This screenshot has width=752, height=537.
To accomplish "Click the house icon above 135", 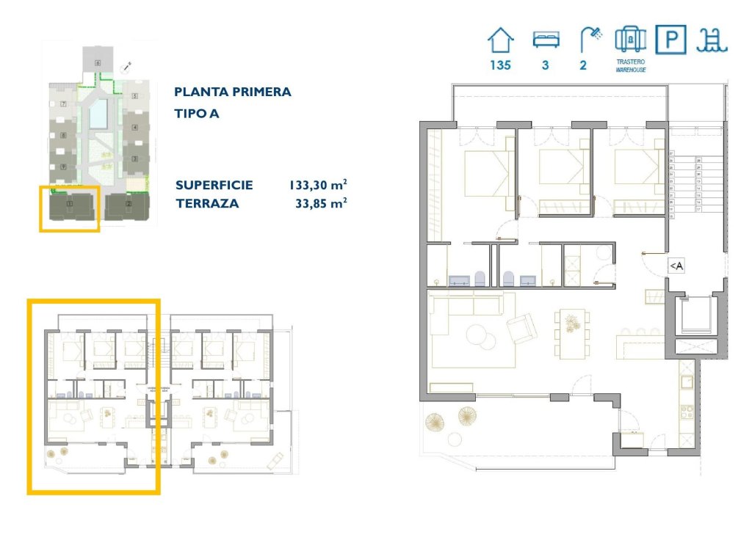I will tap(501, 39).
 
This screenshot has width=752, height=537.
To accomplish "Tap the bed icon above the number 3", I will tap(546, 38).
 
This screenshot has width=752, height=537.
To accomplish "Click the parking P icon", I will tap(670, 39).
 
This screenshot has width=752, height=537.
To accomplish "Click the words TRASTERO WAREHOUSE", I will tap(630, 67).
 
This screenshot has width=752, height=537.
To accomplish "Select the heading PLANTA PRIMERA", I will tap(233, 92).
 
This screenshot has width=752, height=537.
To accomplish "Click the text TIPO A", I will tap(197, 114).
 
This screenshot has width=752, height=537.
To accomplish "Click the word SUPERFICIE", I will tap(214, 186).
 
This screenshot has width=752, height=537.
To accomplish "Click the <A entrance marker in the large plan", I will tap(676, 266).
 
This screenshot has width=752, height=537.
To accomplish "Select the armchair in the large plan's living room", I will tap(522, 328).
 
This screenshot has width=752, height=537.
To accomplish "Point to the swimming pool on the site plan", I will tap(98, 113).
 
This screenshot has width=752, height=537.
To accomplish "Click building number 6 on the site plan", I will tap(97, 64).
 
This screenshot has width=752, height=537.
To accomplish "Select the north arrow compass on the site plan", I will tap(126, 67).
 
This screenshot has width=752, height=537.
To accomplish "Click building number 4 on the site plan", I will tap(135, 127).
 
